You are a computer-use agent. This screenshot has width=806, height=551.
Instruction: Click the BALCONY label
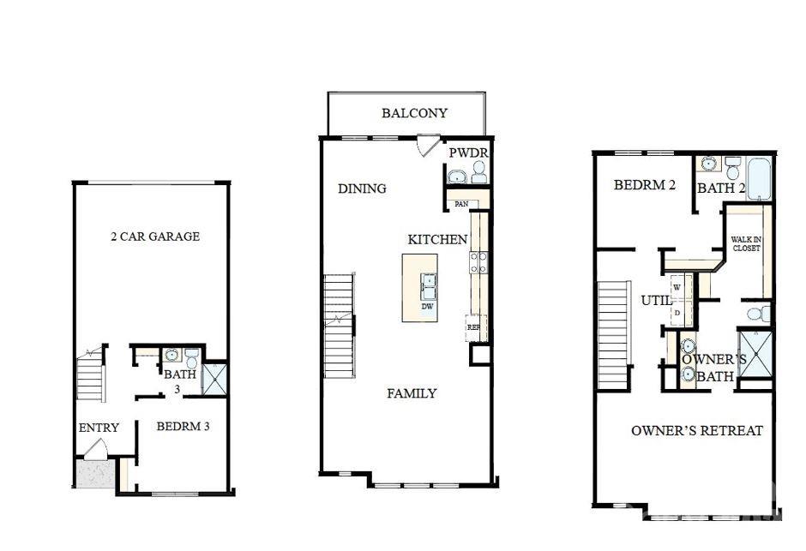pos(414,113)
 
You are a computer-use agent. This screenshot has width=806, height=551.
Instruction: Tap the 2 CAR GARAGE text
pos(155,237)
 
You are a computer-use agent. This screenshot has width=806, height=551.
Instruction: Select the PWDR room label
pos(468,153)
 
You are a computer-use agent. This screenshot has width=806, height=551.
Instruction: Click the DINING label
pos(362,189)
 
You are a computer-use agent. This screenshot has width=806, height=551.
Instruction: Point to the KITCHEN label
pos(437,240)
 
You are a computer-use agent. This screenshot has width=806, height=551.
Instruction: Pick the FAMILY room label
pos(412,393)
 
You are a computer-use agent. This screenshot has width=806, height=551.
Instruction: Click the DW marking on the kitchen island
pos(427,306)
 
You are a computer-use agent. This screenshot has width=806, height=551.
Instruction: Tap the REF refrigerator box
pos(472,326)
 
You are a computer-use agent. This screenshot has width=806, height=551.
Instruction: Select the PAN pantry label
pos(460,204)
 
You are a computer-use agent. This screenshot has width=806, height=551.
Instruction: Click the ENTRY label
pos(99,428)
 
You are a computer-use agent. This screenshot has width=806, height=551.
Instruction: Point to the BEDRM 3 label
pos(183,426)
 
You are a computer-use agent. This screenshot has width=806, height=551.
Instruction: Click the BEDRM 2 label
pos(644,185)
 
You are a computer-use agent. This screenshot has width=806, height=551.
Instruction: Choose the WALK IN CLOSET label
pos(746,243)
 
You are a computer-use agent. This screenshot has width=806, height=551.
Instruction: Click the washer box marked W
pos(677,286)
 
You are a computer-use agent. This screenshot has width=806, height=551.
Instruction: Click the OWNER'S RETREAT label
pos(696,430)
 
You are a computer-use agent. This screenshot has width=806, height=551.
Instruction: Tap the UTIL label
pos(657,301)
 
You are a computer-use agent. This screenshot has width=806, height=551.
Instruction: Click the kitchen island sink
pos(427,282)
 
